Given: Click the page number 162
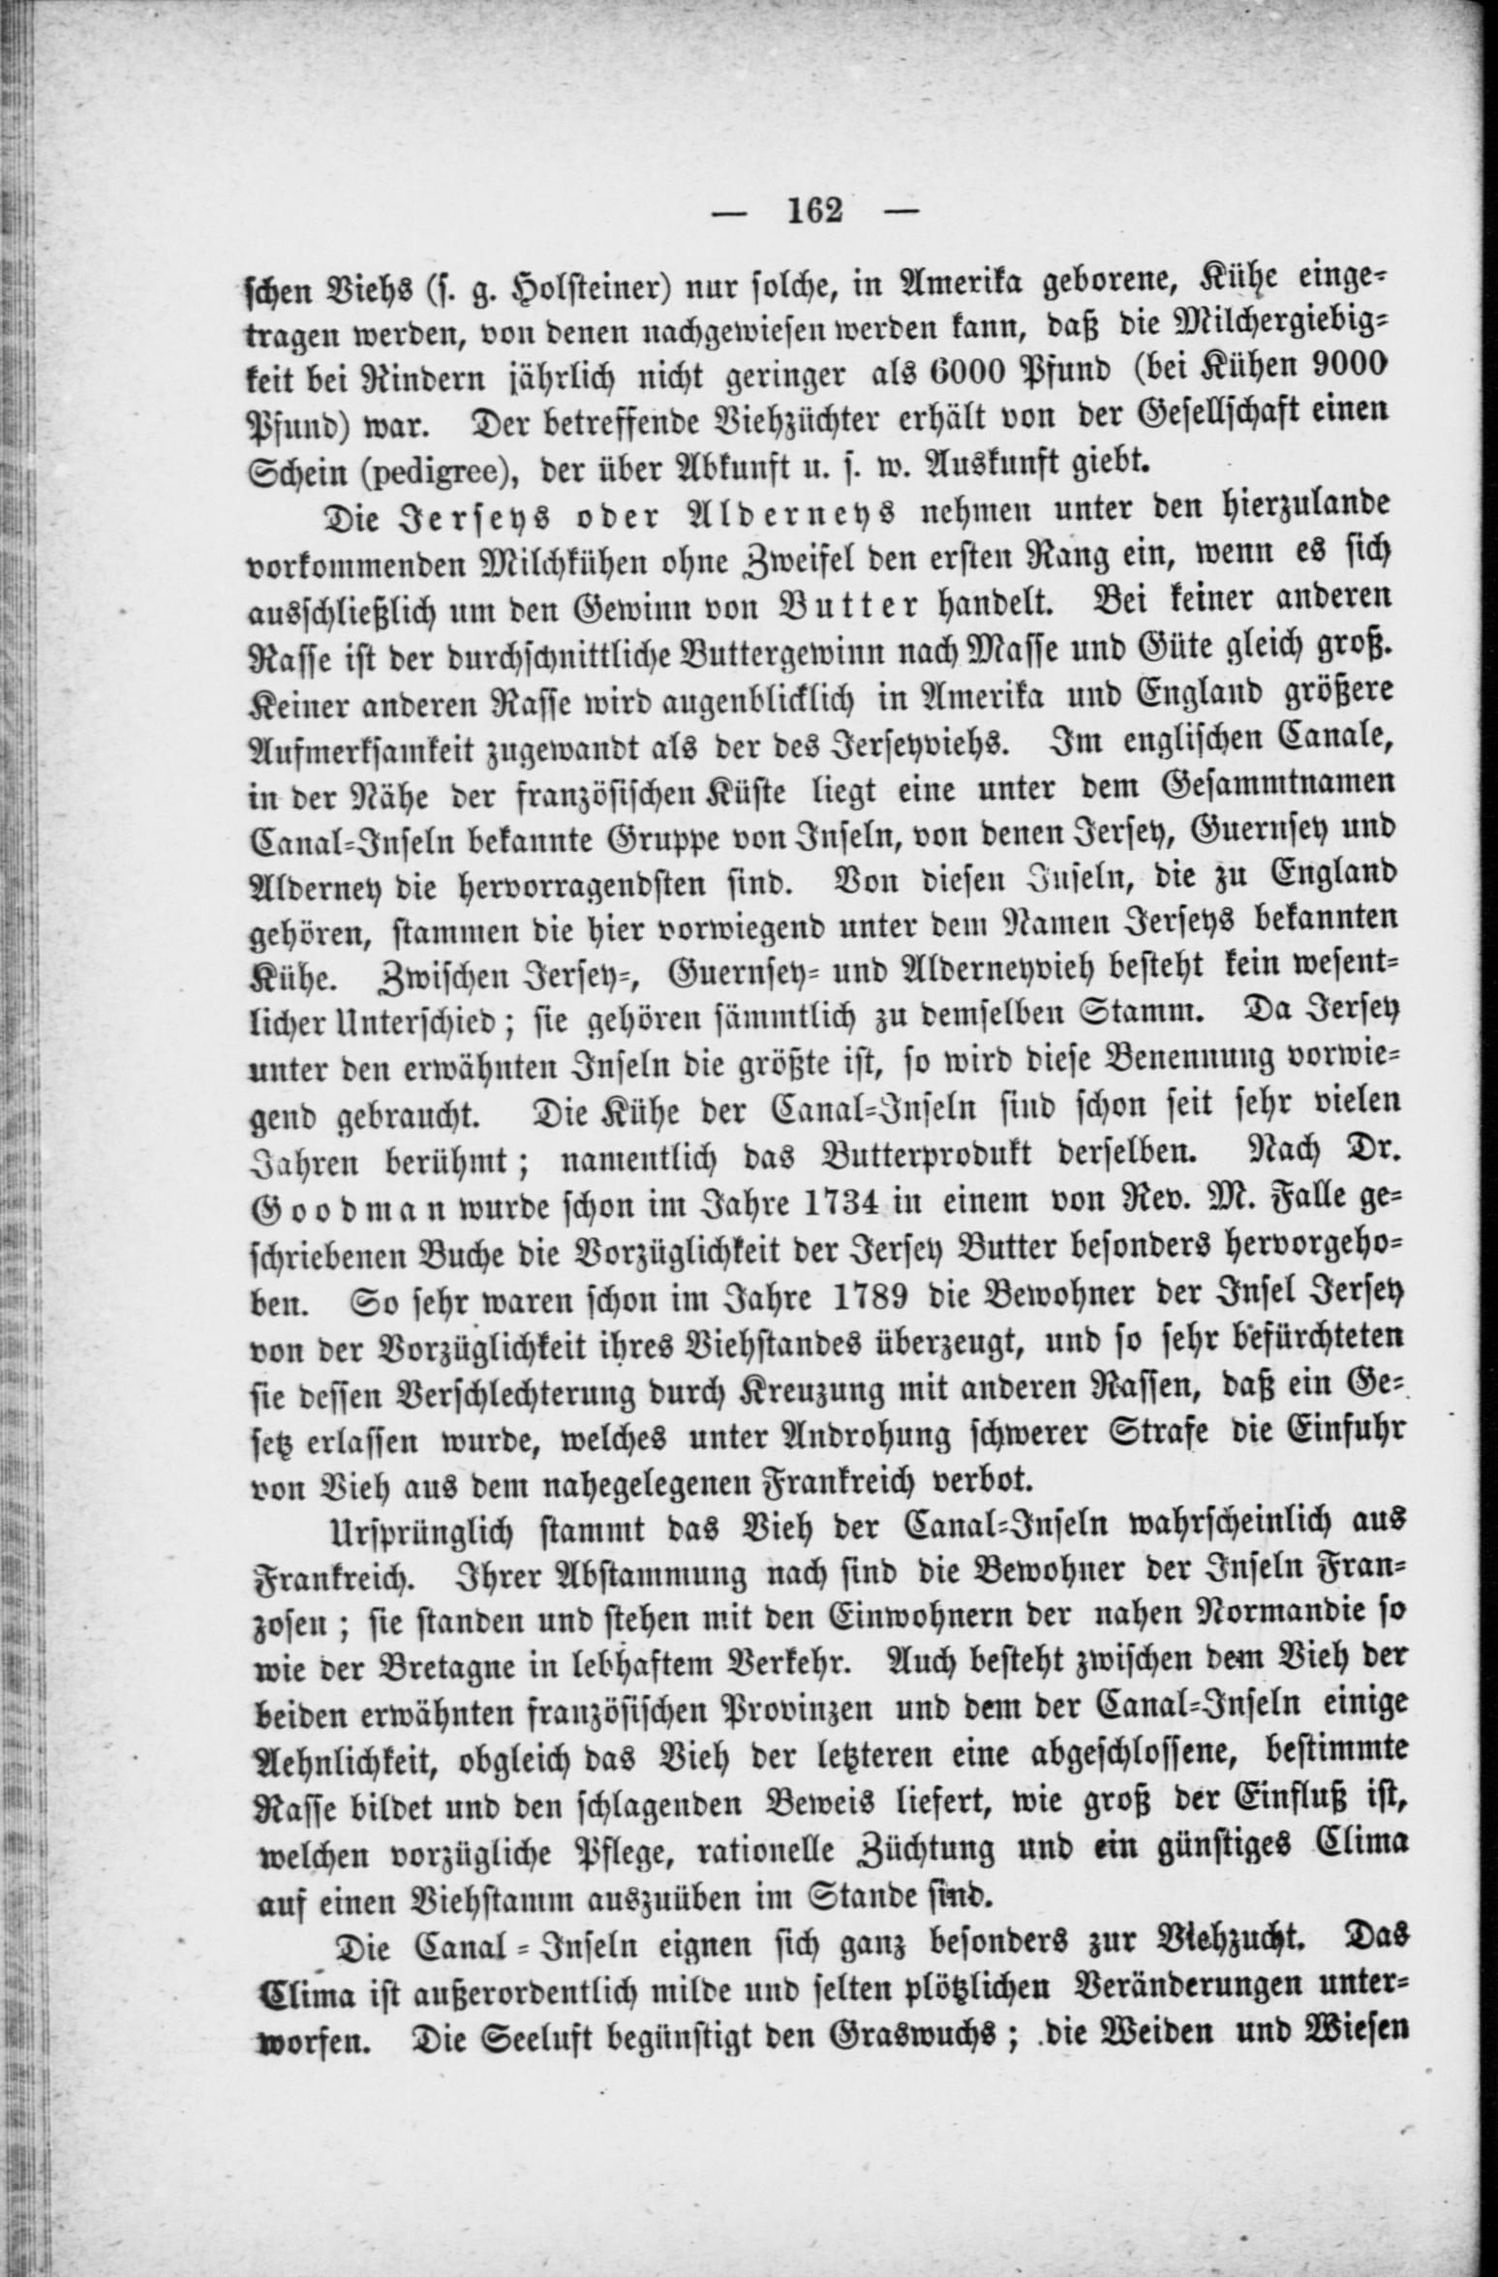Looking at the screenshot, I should click(x=816, y=210).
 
